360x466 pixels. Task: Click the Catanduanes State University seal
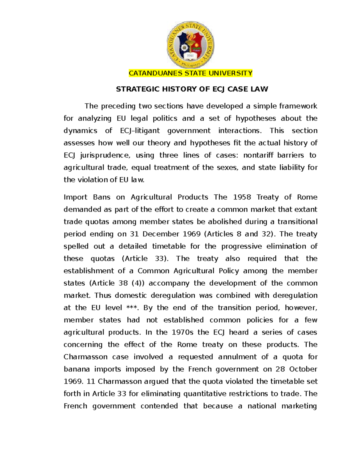pos(190,45)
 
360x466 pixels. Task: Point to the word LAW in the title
pos(260,89)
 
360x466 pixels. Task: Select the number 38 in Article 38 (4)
pos(123,283)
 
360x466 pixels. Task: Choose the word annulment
pos(237,357)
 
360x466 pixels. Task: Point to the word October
pos(303,369)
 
